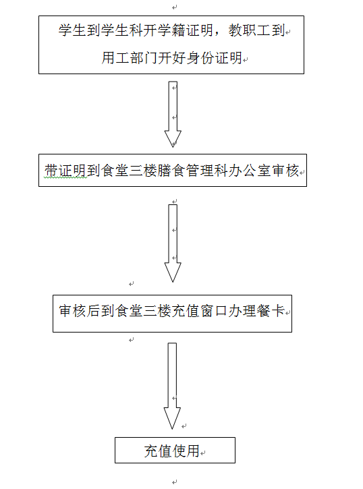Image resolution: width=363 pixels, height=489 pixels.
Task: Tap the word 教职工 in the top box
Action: click(249, 30)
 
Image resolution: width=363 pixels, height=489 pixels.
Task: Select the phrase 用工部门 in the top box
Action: click(130, 58)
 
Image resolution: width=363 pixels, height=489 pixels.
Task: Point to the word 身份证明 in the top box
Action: click(215, 58)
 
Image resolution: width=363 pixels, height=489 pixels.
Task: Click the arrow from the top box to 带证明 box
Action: click(173, 114)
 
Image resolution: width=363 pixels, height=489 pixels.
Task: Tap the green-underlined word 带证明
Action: click(65, 171)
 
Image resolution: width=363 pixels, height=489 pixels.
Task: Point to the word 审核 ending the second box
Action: click(285, 171)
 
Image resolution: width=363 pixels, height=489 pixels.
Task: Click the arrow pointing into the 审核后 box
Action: click(173, 243)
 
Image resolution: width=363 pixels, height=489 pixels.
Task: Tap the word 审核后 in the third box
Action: click(80, 311)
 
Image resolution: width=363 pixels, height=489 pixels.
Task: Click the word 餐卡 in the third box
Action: click(271, 311)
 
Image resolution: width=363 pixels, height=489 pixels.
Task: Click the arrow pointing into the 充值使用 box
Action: click(172, 386)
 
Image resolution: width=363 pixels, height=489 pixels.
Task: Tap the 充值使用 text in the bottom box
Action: click(172, 451)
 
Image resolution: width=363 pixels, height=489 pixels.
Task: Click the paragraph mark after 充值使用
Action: click(203, 453)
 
